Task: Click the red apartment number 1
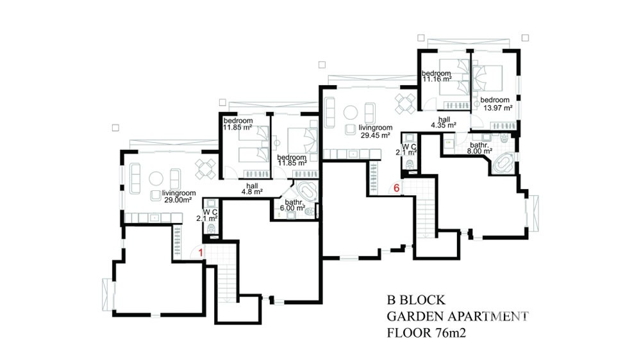point(201,253)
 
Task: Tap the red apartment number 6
point(396,188)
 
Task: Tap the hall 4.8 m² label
point(252,188)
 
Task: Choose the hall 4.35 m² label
point(444,122)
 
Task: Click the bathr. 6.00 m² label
point(293,205)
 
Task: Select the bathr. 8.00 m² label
point(479,148)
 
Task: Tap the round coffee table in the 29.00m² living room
point(156,179)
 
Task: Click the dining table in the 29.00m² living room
point(205,169)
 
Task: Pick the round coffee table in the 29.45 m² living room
point(351,112)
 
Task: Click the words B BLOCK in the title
point(416,300)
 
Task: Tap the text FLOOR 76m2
point(426,333)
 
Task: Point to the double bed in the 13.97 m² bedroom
point(488,78)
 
